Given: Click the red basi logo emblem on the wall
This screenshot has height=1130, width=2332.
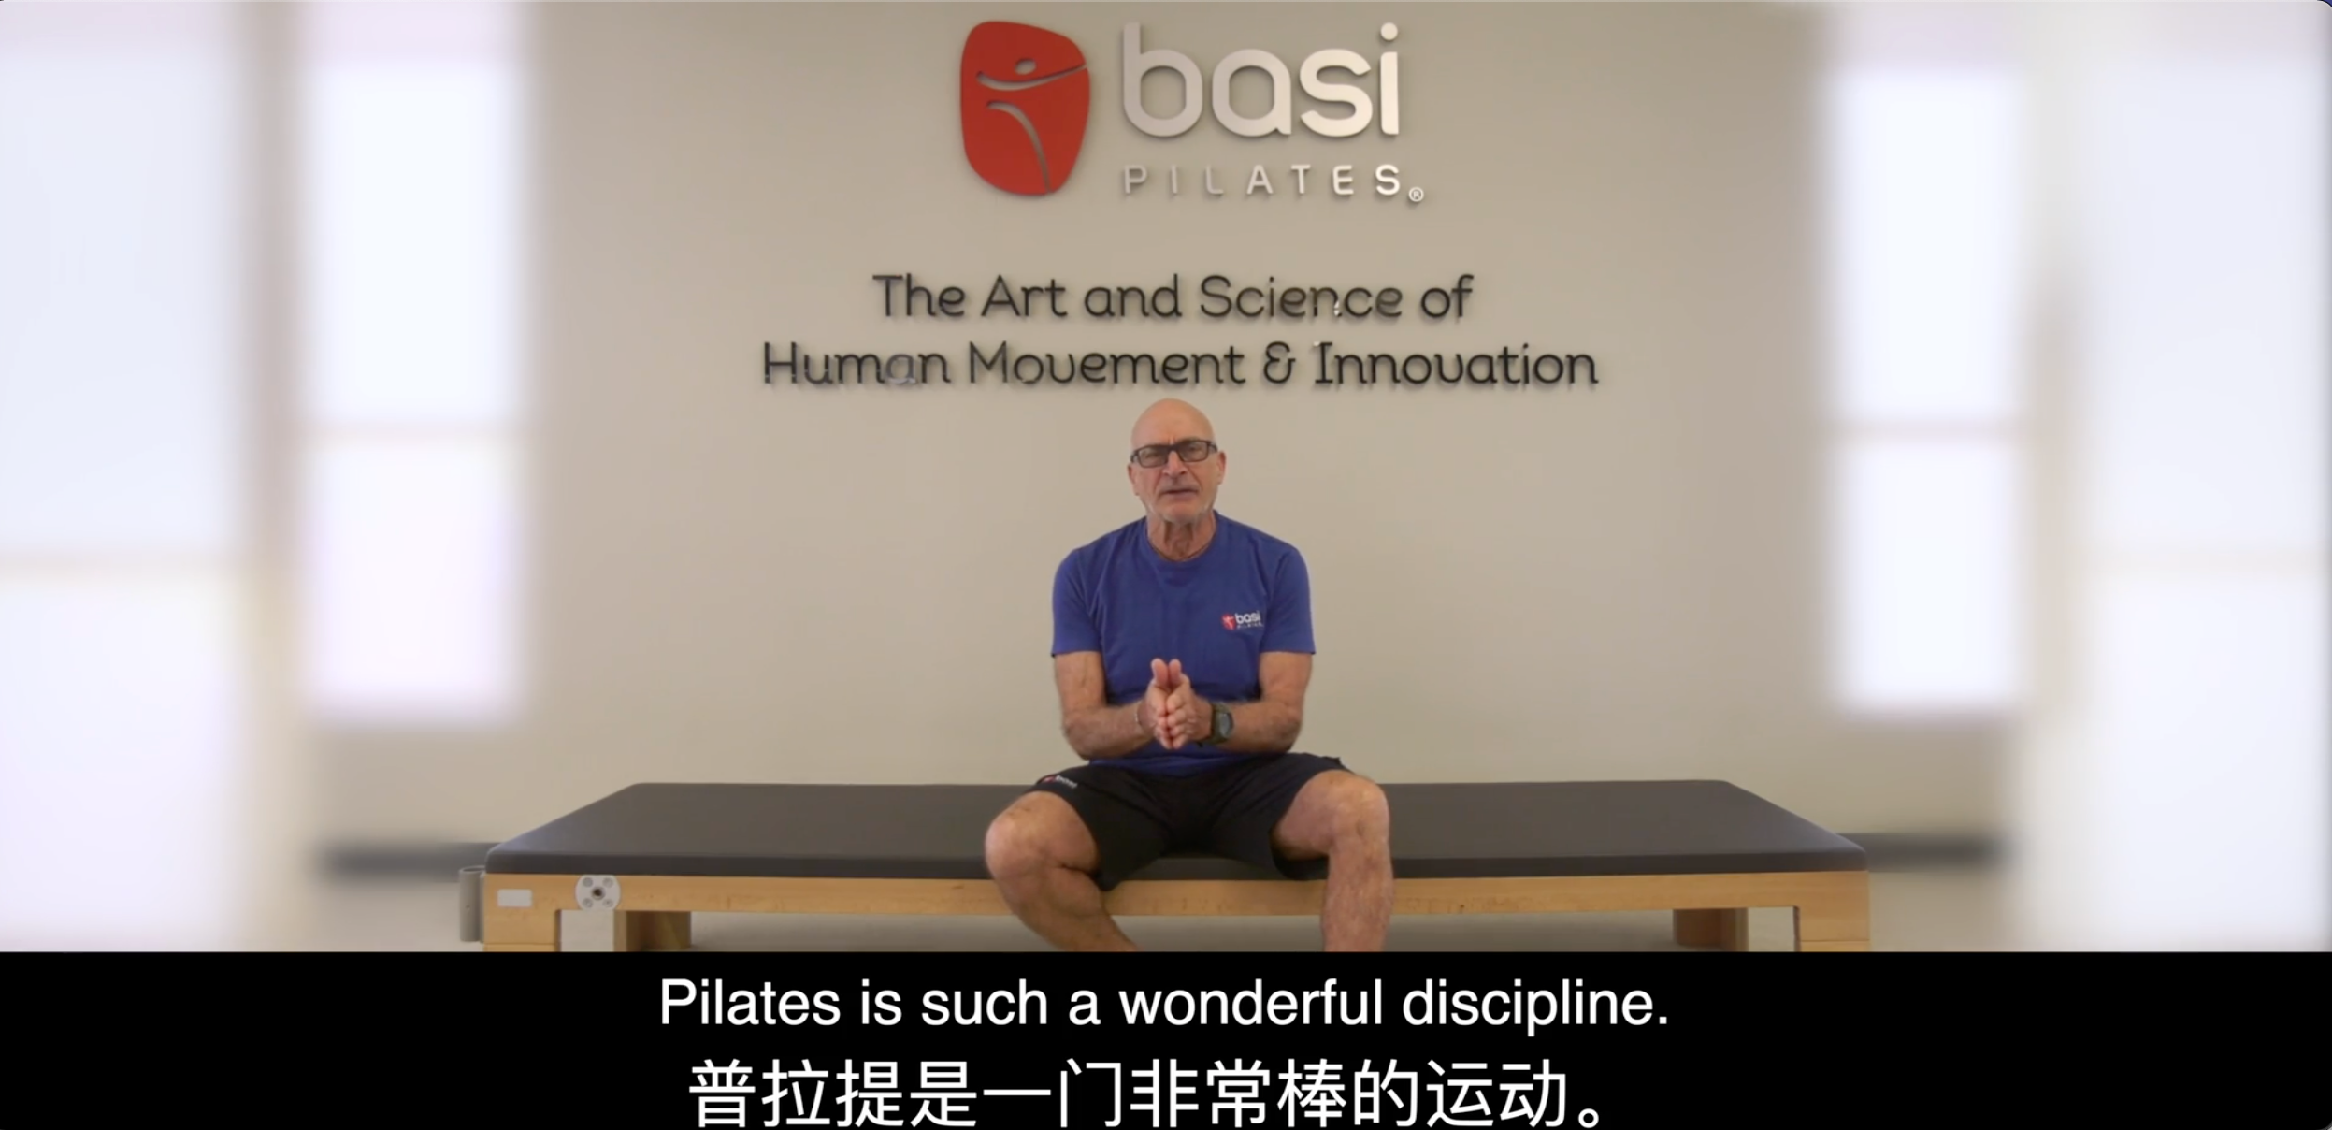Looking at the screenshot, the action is coord(1025,108).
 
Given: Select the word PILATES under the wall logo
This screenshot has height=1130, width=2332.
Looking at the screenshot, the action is coord(1272,181).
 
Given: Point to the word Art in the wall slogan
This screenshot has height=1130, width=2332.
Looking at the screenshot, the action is coord(1023,297).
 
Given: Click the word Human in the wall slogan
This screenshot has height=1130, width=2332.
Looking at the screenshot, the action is coord(857,365).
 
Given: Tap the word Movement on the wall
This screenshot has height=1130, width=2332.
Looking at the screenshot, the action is coord(1105,365).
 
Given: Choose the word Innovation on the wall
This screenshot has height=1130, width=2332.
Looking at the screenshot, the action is coord(1455,365).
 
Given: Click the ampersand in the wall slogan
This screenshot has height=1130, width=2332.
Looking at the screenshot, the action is coord(1278,365).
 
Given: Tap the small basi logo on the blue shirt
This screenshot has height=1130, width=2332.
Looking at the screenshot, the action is coord(1243,620).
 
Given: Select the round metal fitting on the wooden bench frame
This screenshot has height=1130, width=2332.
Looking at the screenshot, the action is coord(597,894).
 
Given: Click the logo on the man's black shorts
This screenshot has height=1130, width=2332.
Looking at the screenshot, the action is coord(1059,780).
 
